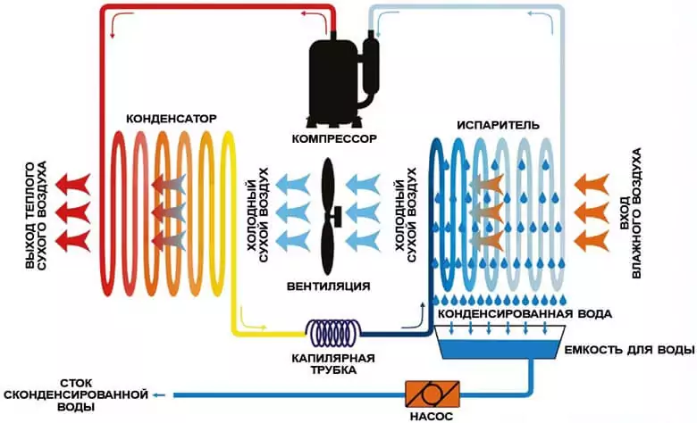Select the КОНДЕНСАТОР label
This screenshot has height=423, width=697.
pyautogui.click(x=172, y=119)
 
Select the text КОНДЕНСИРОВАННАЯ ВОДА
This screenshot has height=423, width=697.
pyautogui.click(x=524, y=315)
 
